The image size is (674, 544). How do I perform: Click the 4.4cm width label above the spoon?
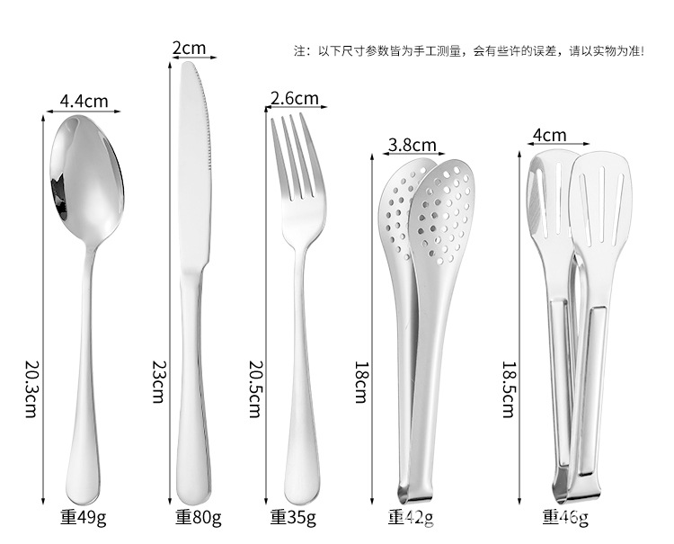84,101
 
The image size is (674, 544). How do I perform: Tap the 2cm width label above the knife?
189,48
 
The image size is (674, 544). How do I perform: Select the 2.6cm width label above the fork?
294,98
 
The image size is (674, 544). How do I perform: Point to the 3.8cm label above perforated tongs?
412,145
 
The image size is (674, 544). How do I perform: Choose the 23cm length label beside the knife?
157,382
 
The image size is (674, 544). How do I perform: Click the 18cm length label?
360,382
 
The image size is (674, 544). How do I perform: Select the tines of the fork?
294,153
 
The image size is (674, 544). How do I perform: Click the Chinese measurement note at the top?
468,51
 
